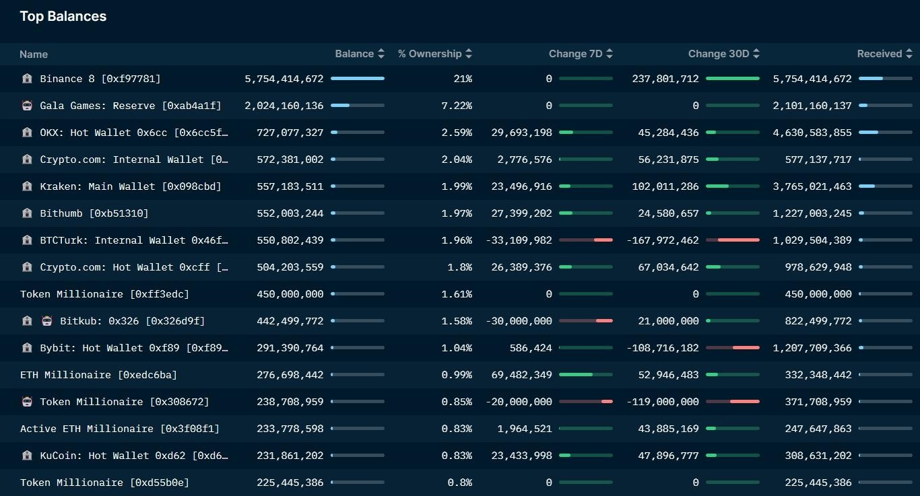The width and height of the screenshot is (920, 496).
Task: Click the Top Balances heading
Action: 63,16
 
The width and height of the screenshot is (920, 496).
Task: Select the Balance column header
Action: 354,54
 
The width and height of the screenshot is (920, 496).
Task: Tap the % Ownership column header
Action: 429,54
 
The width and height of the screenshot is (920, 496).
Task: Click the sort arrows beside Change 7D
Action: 609,54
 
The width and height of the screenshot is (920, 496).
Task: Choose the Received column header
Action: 879,54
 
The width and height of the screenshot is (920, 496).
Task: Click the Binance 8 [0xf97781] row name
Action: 100,79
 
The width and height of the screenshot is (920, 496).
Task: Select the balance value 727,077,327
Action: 290,133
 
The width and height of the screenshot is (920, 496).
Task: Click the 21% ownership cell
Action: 463,79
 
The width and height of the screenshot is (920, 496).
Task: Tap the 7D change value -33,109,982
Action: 519,240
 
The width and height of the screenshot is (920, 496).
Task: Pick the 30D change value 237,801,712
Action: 665,79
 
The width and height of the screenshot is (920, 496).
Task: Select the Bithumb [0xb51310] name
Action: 94,213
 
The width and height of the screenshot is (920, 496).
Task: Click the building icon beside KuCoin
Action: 27,456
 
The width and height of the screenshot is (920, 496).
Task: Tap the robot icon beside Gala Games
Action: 27,106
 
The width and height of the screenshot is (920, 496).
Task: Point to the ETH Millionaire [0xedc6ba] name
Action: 98,375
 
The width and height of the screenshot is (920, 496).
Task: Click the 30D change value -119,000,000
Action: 663,402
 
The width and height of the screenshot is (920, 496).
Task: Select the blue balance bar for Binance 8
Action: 357,79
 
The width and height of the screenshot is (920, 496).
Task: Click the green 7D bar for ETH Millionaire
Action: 576,375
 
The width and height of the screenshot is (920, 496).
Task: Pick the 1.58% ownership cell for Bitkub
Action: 457,321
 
